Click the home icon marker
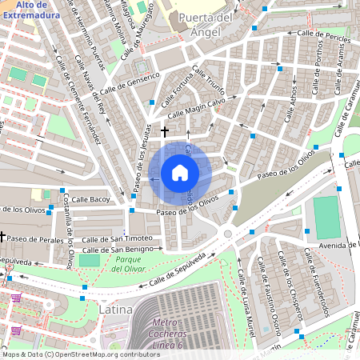[x=180, y=173]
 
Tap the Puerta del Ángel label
[x=206, y=24]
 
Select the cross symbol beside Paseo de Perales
[x=3, y=237]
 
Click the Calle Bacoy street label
[x=90, y=198]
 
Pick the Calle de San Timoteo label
[x=117, y=238]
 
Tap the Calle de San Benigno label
[x=117, y=250]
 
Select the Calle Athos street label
[x=293, y=103]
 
